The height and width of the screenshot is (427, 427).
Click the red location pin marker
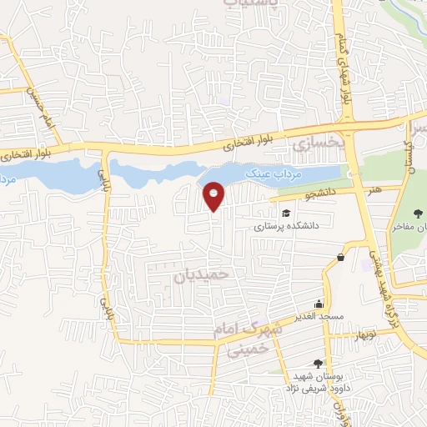[214, 196]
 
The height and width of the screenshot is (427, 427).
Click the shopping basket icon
[340, 258]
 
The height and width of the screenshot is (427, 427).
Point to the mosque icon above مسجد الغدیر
[318, 305]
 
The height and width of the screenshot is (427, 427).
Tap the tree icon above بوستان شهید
[317, 363]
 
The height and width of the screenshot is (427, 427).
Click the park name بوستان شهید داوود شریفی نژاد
[318, 382]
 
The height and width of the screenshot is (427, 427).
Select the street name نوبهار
[343, 335]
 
